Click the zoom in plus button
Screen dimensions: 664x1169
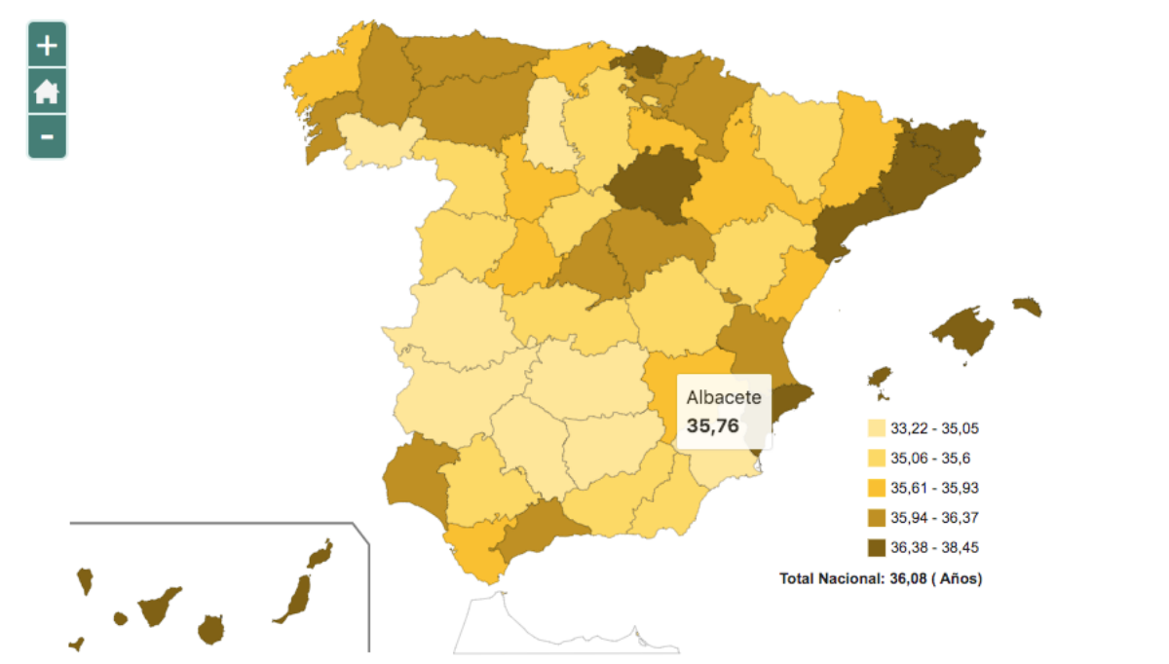47,45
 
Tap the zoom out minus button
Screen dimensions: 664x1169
47,137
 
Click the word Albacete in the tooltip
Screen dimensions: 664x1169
724,398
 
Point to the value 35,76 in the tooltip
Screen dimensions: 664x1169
713,425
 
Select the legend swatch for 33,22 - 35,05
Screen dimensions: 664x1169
877,428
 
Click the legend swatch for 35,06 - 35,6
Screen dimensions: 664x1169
877,458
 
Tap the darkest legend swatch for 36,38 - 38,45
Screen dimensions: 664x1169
877,547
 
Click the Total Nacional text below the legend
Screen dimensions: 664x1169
881,578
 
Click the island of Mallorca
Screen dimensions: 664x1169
962,331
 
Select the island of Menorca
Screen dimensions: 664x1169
1028,307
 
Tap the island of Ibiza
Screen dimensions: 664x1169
881,378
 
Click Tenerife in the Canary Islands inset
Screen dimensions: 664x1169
157,607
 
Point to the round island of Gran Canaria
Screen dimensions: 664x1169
210,629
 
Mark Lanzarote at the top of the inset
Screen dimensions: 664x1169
320,555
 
